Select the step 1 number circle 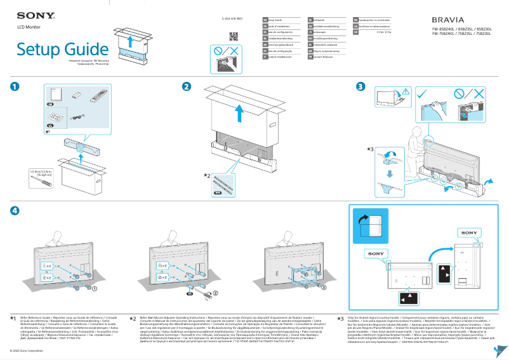(15, 86)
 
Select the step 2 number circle (187, 86)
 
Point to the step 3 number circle (360, 86)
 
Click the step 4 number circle (15, 211)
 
